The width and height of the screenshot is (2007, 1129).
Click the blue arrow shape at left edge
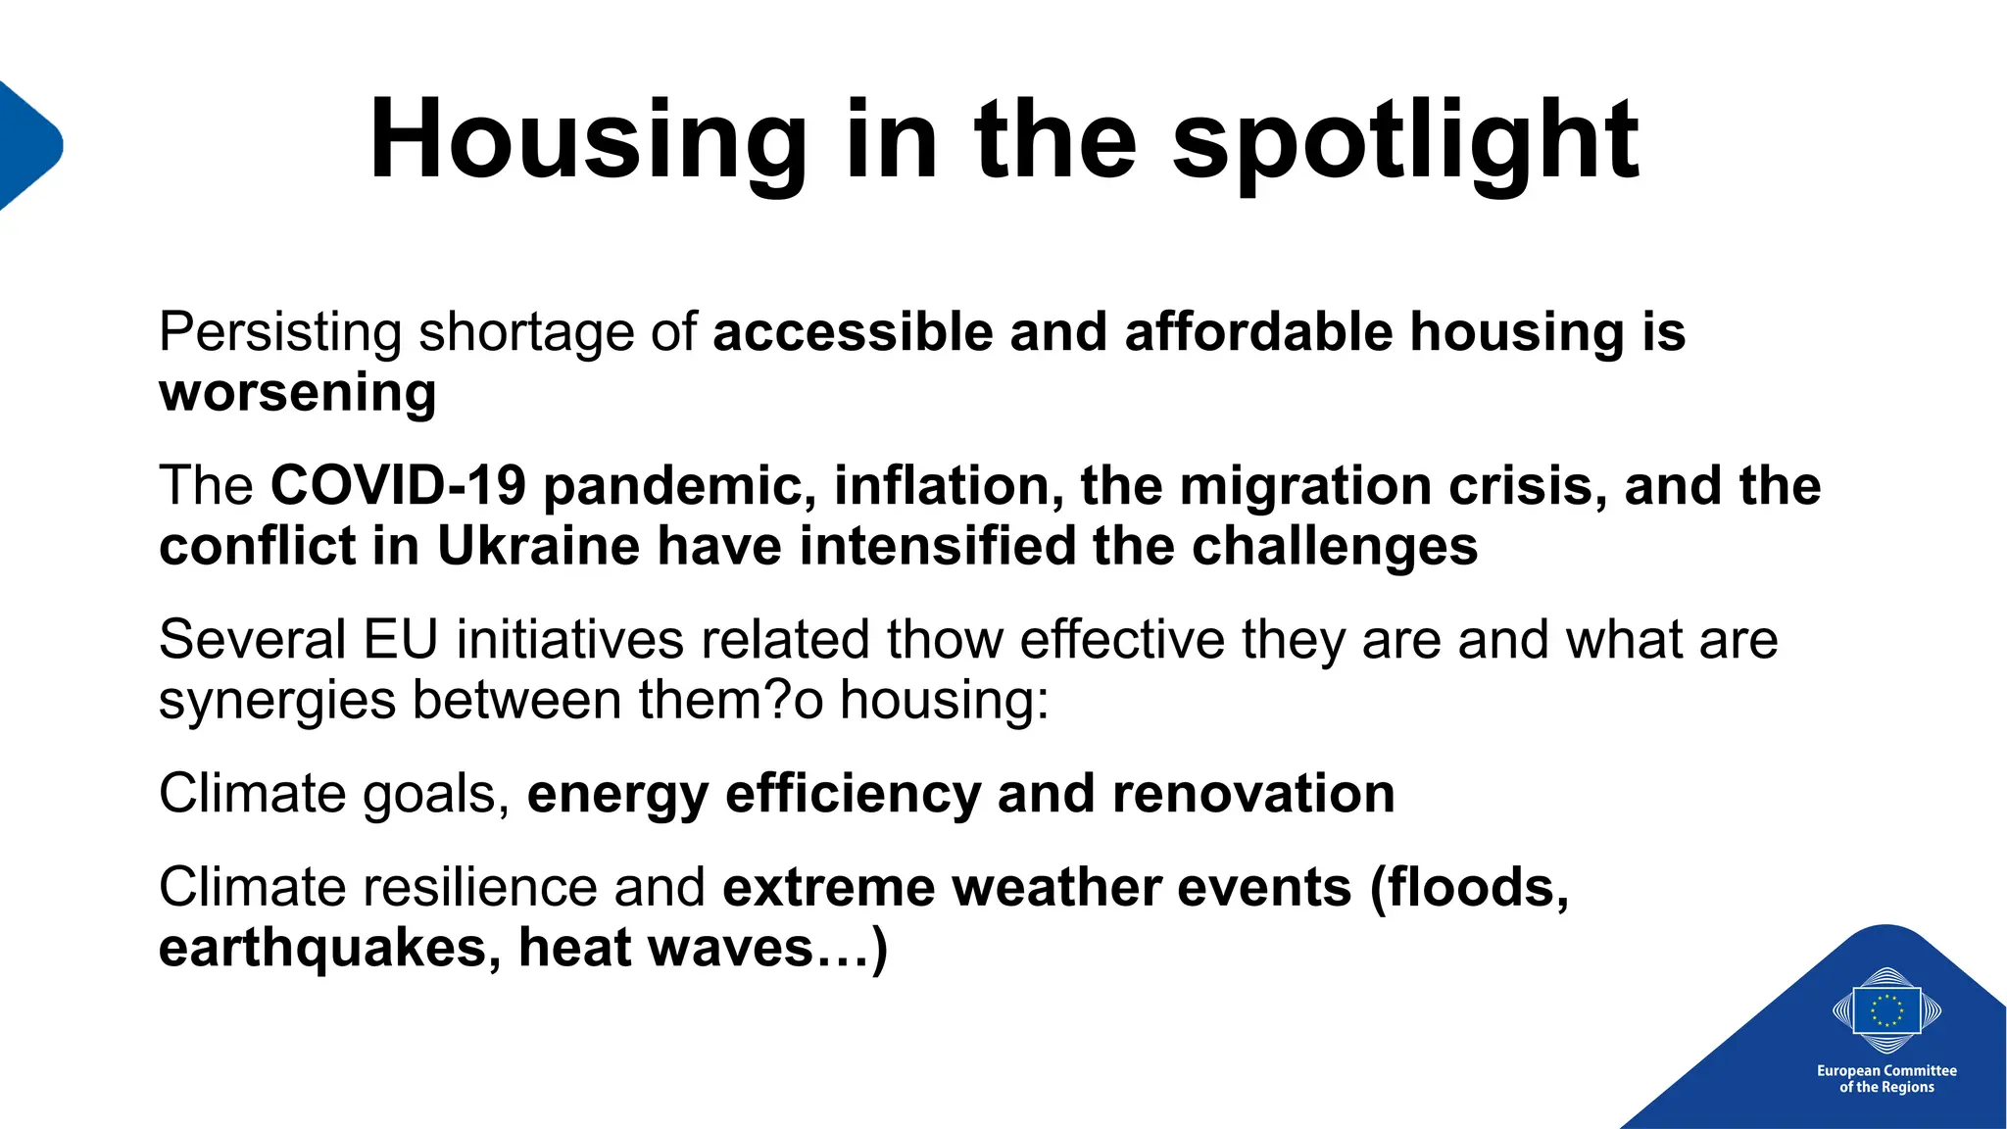tap(27, 145)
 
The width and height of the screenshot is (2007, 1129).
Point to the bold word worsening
tap(298, 393)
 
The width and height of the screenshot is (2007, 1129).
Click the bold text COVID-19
tap(398, 486)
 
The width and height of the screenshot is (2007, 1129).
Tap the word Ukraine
tap(538, 547)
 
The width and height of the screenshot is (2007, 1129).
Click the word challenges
tap(1335, 547)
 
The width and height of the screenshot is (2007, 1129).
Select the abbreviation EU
tap(400, 640)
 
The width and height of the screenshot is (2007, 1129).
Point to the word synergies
tap(277, 702)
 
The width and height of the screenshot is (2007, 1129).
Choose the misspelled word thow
tap(945, 640)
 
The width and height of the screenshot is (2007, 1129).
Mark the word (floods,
tap(1469, 888)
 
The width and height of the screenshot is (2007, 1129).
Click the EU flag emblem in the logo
tap(1886, 1010)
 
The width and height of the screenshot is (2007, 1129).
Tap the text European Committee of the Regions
tap(1886, 1079)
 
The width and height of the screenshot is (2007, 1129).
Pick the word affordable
tap(1258, 332)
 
